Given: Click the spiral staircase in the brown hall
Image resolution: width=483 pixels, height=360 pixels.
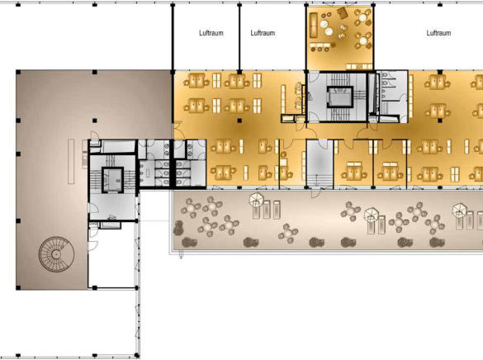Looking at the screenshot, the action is (56, 254).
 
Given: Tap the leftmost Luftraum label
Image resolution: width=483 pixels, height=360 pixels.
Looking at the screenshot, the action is (211, 33).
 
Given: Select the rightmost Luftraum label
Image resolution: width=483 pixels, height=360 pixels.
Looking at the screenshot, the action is (438, 33).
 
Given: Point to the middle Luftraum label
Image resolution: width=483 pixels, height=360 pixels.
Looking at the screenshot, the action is (263, 33).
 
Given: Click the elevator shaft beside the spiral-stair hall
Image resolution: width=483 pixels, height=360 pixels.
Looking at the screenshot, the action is (113, 180).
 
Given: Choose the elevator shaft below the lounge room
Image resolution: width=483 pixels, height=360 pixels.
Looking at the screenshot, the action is (340, 97).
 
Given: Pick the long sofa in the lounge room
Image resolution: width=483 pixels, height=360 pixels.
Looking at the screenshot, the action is (314, 25).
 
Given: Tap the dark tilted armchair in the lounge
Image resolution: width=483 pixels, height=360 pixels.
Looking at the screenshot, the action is (342, 13).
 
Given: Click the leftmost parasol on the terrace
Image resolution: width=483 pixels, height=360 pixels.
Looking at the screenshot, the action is (256, 199).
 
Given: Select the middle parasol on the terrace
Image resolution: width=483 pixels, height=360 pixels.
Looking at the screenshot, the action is (372, 215).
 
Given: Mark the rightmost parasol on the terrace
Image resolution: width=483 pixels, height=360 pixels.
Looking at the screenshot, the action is (460, 211).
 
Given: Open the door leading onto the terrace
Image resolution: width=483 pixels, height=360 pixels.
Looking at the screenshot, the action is (315, 192).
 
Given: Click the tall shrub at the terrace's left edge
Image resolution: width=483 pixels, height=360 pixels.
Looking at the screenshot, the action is (178, 228).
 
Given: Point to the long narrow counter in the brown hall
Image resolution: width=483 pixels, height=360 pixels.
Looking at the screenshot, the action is (71, 161).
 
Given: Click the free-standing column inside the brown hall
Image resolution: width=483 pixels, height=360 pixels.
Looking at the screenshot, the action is (95, 121).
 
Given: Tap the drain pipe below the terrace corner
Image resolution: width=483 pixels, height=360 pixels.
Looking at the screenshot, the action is (181, 254).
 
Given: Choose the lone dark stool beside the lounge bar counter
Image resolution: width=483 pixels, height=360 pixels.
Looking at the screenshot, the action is (334, 45).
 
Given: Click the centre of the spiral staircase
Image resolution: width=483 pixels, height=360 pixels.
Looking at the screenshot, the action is (56, 254).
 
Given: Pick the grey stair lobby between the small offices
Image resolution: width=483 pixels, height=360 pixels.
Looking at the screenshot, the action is (320, 163).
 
